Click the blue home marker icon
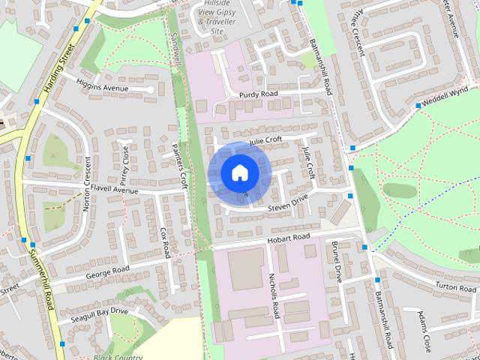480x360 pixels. (238, 172)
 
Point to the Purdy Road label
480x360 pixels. (259, 94)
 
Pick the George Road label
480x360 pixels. (107, 269)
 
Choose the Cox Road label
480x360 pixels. (165, 242)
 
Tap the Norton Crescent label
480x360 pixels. (88, 183)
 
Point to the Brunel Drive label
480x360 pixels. (337, 262)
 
